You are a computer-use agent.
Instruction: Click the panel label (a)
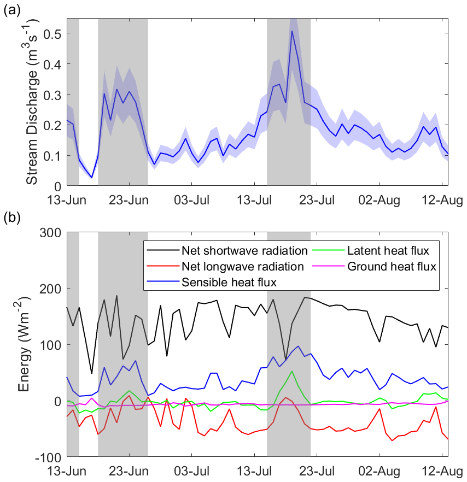tap(12, 9)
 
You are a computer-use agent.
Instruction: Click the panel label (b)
tap(12, 219)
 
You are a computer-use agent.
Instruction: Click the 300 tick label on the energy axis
tap(50, 232)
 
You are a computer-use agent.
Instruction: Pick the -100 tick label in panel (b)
tap(48, 457)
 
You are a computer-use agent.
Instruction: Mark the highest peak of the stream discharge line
tap(293, 31)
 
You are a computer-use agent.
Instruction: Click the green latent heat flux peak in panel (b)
tap(293, 372)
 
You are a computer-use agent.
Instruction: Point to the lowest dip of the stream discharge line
tap(92, 178)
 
